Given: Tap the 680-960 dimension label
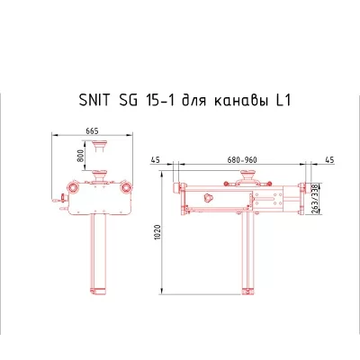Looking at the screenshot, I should [x=242, y=160].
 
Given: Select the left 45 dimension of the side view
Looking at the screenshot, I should [x=157, y=160].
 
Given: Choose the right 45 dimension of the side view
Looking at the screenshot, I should [x=328, y=160].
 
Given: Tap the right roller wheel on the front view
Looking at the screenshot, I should [x=127, y=189].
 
